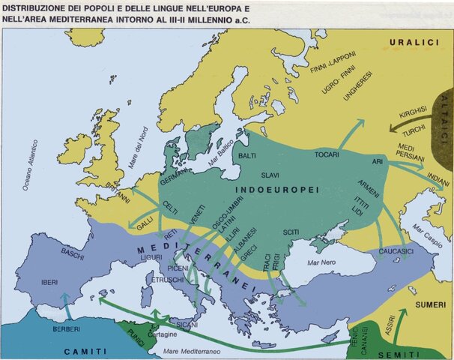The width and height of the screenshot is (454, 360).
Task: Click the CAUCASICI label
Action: (x=397, y=249)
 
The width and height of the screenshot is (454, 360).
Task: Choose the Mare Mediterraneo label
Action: (x=196, y=351)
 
